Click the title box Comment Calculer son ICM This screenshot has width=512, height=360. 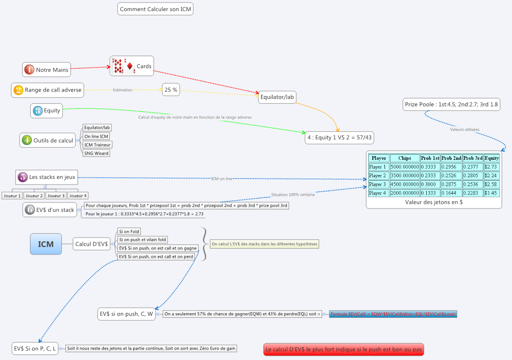tap(155, 9)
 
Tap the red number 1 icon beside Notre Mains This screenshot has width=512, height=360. tap(29, 70)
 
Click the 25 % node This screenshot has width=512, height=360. tap(171, 89)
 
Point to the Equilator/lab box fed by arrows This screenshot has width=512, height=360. tap(277, 97)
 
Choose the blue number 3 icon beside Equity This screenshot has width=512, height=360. tap(38, 111)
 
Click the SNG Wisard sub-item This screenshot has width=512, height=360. tap(96, 153)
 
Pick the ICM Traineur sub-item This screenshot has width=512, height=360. tap(98, 145)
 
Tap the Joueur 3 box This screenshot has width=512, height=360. tap(56, 196)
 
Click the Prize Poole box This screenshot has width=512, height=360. tap(451, 105)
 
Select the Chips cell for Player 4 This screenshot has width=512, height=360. tap(404, 193)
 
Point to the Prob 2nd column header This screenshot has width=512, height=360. tap(451, 158)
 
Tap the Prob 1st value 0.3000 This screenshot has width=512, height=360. tap(430, 184)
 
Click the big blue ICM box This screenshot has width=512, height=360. tap(46, 244)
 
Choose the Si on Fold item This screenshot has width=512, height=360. tap(129, 232)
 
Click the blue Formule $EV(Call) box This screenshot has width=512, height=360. tap(393, 314)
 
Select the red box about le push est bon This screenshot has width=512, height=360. tap(344, 349)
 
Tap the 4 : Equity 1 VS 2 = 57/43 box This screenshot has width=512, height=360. tap(339, 138)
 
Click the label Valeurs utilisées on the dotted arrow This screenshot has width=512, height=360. tap(465, 130)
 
